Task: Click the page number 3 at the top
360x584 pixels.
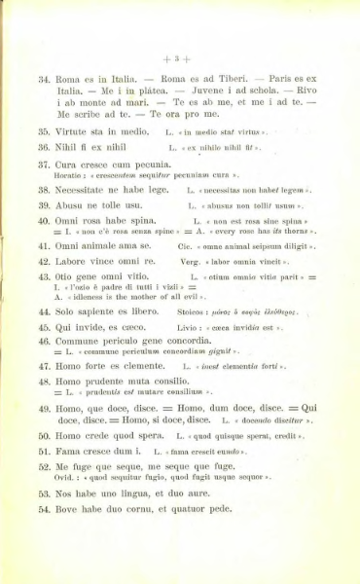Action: click(x=180, y=55)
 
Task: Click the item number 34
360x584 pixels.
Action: click(x=43, y=77)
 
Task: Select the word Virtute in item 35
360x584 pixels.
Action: click(x=80, y=128)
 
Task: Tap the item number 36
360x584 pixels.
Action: click(x=43, y=146)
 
